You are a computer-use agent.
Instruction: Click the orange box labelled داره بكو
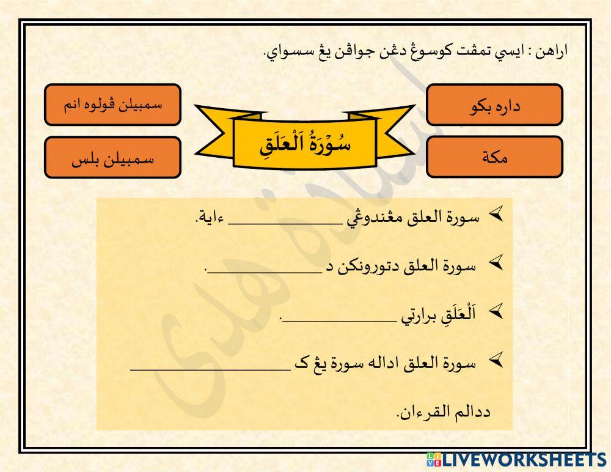pos(494,105)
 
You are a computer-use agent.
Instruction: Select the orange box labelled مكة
pos(494,157)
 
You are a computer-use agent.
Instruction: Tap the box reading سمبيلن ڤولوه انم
pos(112,105)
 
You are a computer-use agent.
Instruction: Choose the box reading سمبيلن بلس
pos(112,157)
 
